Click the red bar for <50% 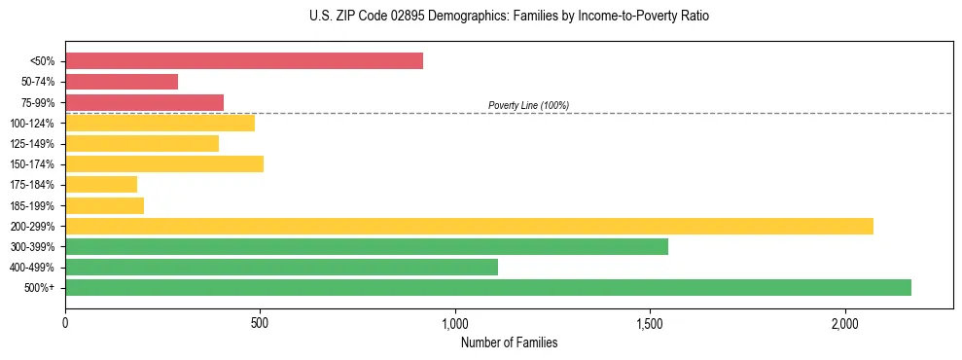pyautogui.click(x=243, y=61)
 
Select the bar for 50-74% pyautogui.click(x=122, y=82)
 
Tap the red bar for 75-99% pyautogui.click(x=144, y=102)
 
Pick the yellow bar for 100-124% pyautogui.click(x=160, y=123)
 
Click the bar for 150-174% pyautogui.click(x=164, y=163)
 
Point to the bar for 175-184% pyautogui.click(x=101, y=184)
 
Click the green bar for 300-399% pyautogui.click(x=367, y=246)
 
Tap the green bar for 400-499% pyautogui.click(x=281, y=267)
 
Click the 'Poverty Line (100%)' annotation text pyautogui.click(x=528, y=105)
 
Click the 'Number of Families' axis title pyautogui.click(x=509, y=342)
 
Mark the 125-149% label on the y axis pyautogui.click(x=32, y=144)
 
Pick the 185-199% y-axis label pyautogui.click(x=32, y=205)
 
